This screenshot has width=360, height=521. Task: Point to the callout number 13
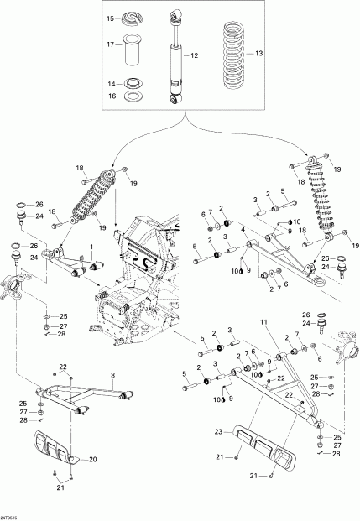tap(258, 53)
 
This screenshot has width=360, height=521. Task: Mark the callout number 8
tap(112, 374)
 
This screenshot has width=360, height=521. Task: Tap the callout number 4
tap(242, 229)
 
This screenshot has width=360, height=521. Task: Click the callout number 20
tap(93, 459)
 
